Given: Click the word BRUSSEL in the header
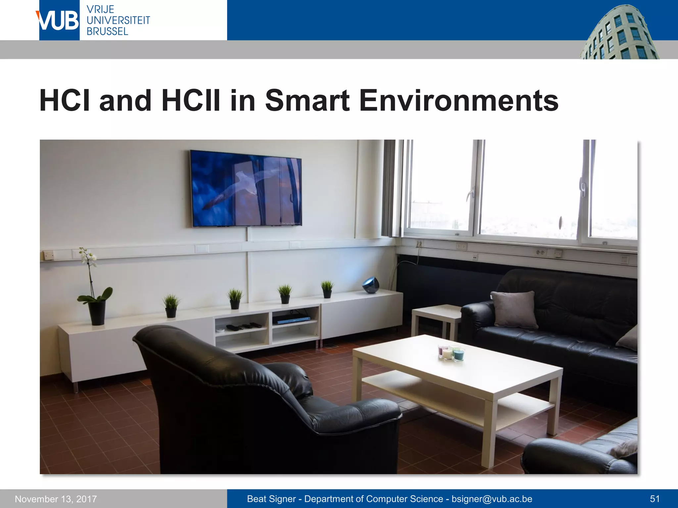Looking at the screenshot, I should [107, 31].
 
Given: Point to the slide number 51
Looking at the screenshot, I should [655, 499].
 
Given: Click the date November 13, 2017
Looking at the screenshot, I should [56, 499].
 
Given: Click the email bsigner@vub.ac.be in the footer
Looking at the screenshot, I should [492, 499].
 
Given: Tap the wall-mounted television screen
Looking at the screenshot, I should [246, 188].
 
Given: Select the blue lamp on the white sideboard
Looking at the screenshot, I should [370, 285].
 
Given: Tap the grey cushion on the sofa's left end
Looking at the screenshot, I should [514, 309].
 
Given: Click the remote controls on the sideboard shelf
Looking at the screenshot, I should [244, 326].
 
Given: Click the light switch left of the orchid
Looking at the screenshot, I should [49, 255].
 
